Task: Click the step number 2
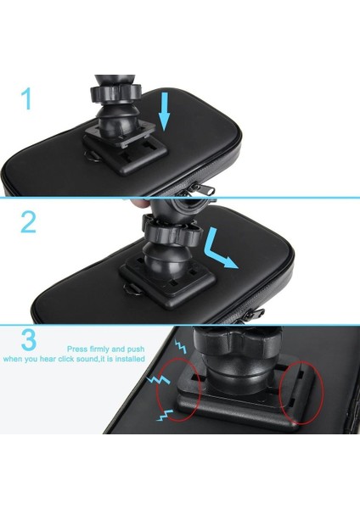coord(28,222)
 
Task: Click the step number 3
coord(28,341)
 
